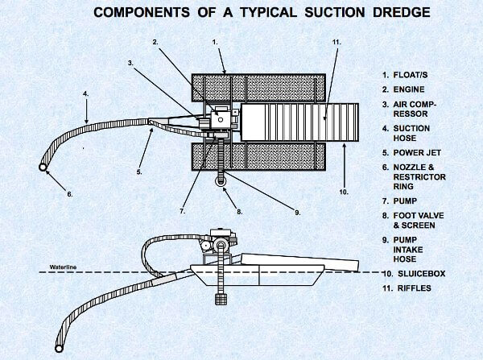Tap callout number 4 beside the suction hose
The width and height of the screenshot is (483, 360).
point(85,93)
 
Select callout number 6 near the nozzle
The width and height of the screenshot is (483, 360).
point(69,193)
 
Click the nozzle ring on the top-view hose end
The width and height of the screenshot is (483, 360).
point(43,167)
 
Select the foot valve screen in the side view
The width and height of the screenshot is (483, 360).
point(217,297)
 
